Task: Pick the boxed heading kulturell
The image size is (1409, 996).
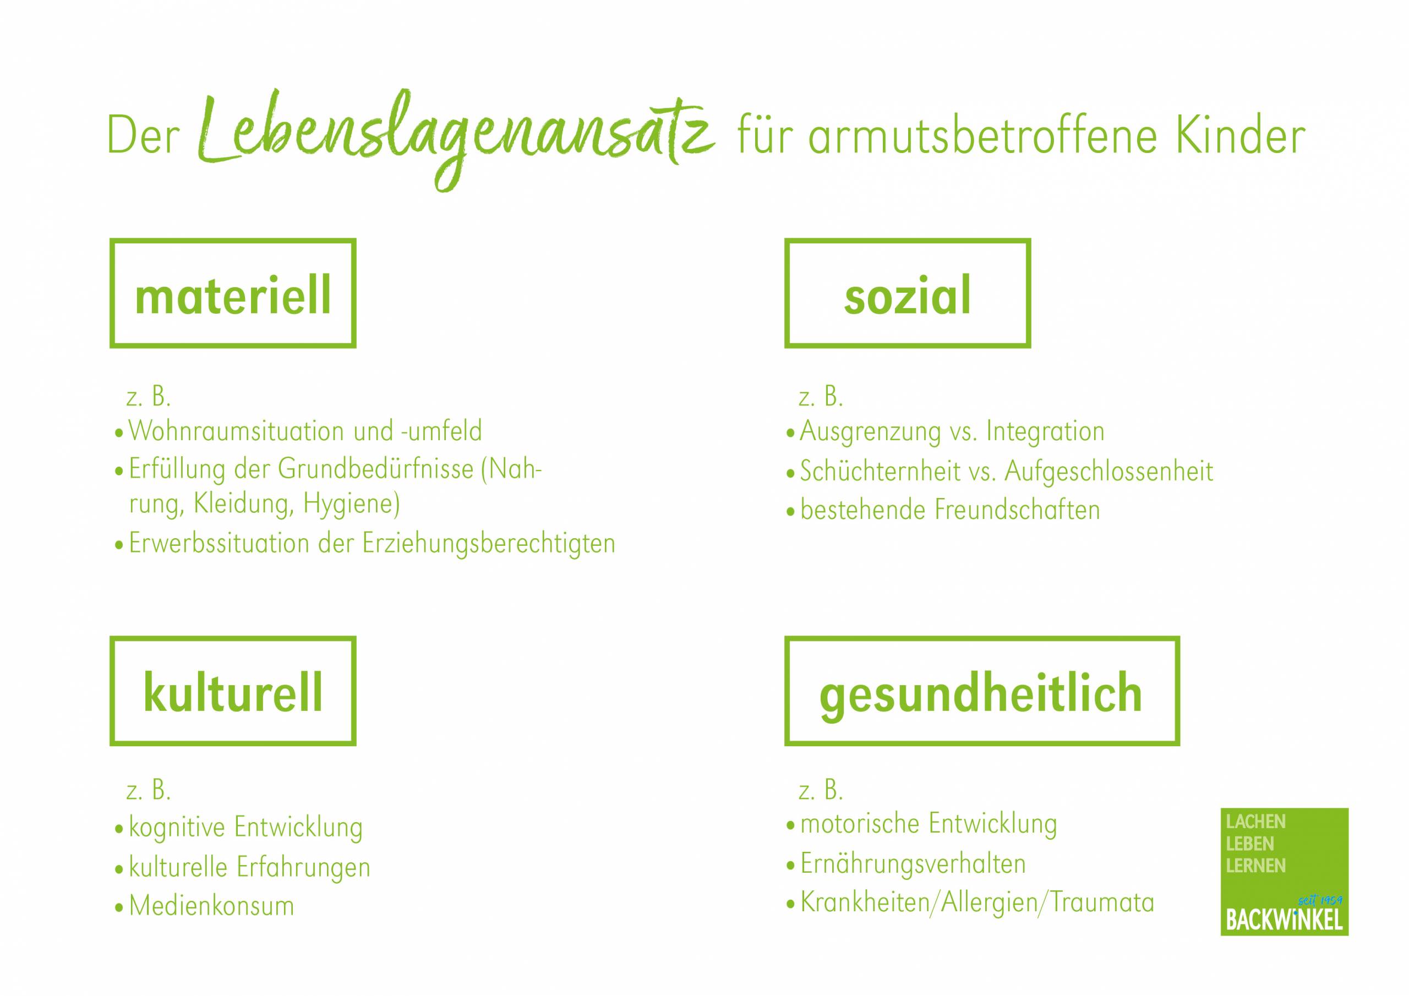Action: pos(233,692)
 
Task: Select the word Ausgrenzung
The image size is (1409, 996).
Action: pos(870,432)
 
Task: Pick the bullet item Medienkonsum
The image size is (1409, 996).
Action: pos(212,906)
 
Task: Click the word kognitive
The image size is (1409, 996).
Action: pos(177,828)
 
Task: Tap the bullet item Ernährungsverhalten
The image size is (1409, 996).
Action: pos(913,864)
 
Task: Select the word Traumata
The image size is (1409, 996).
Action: pos(1101,902)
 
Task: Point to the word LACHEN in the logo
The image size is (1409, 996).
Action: pos(1255,822)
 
